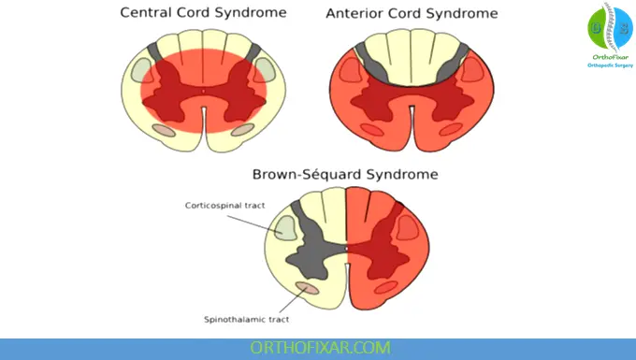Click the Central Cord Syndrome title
(x=204, y=13)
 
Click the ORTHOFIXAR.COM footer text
(x=319, y=348)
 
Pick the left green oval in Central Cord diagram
(x=141, y=70)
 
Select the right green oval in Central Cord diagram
(x=267, y=70)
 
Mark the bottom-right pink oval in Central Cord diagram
(x=242, y=130)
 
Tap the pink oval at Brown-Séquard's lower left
(x=307, y=288)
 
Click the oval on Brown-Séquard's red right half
(x=407, y=224)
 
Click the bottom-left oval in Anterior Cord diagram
(x=370, y=130)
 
